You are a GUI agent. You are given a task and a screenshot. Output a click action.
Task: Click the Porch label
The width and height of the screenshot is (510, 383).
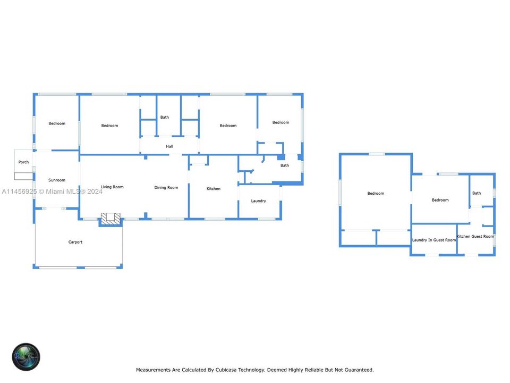tap(23, 162)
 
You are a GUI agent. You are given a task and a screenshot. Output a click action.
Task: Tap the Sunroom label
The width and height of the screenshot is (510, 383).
tap(57, 180)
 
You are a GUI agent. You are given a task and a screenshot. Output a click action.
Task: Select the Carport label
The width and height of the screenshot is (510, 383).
tap(75, 242)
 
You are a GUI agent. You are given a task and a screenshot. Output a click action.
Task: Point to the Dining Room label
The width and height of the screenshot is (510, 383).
tap(166, 187)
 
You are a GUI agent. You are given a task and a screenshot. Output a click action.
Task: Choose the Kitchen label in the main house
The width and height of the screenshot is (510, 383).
tap(214, 189)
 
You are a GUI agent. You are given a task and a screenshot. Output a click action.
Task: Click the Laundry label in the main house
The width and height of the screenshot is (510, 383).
tap(259, 201)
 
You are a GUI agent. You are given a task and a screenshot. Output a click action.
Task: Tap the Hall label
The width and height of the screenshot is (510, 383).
tap(169, 146)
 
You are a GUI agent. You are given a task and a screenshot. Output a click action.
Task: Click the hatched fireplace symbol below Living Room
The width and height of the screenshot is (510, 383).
tap(111, 218)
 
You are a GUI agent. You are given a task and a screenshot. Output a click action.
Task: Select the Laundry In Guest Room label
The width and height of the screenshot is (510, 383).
tap(434, 240)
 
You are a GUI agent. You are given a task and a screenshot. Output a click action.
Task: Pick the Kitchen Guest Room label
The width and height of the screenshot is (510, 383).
tap(475, 236)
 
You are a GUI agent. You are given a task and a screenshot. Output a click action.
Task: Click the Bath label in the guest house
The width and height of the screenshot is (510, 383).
tap(477, 193)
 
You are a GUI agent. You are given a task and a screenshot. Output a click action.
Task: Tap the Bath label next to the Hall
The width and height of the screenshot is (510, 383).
tap(165, 117)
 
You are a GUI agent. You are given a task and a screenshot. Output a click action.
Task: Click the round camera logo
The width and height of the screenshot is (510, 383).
tap(27, 357)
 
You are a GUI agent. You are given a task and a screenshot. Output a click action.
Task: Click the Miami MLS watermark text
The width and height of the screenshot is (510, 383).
tap(53, 191)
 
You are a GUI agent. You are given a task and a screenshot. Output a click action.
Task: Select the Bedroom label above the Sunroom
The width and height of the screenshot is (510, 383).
tap(57, 123)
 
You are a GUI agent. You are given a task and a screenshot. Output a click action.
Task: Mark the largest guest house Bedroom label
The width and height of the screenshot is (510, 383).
tap(376, 193)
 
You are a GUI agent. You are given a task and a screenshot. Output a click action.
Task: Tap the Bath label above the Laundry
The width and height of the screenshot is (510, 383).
tap(285, 165)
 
